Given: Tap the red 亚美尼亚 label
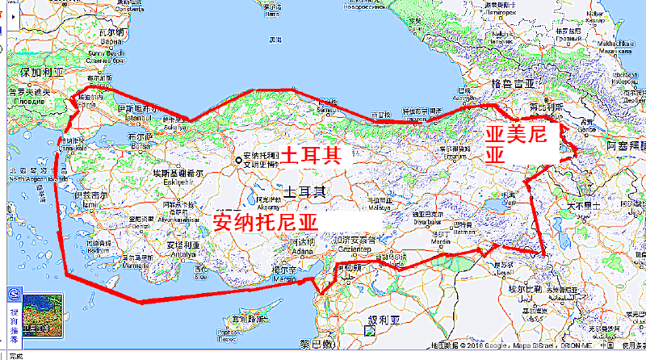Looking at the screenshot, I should (515, 144).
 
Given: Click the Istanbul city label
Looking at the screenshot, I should (133, 114).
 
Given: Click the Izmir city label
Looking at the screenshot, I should (89, 199).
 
